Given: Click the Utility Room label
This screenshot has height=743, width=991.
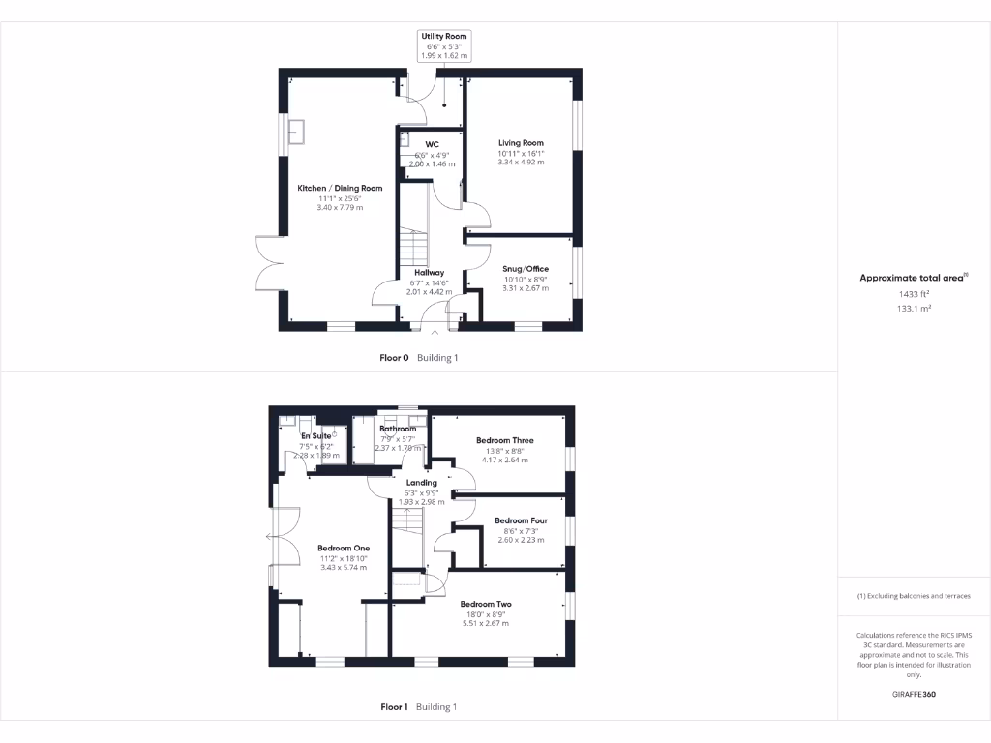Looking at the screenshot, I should pos(443,36).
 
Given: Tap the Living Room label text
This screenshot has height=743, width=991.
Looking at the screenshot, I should pos(521,143).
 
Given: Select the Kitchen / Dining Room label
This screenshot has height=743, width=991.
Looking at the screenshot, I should pos(340,188).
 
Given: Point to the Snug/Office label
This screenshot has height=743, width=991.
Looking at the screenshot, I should pos(526,269).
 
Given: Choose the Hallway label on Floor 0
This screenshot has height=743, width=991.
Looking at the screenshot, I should pos(429,273).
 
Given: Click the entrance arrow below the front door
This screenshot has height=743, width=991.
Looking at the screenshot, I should pos(435,334).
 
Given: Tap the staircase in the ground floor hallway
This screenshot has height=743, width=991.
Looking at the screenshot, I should pos(413,250).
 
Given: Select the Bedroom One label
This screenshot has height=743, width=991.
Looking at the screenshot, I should pos(344,548).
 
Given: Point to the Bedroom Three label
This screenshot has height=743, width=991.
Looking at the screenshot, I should pos(504,440).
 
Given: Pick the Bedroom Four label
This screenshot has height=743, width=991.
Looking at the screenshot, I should pos(521,520).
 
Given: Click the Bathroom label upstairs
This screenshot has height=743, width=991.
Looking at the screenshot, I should pos(398,429).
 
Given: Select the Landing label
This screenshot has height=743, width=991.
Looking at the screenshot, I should pos(421,483).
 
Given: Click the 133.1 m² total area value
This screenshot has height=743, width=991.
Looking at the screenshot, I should pos(914,308).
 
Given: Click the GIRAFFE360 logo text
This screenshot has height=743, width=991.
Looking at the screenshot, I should pos(914,695).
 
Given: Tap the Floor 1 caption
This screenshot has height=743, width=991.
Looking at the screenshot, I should pos(394,707).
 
